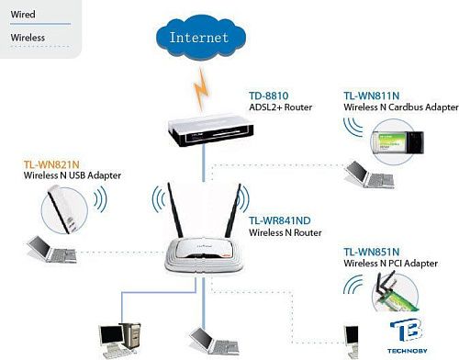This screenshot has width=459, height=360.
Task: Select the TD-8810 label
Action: click(x=269, y=96)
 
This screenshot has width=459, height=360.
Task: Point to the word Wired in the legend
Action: click(x=23, y=16)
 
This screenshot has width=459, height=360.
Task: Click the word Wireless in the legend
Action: click(x=28, y=38)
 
